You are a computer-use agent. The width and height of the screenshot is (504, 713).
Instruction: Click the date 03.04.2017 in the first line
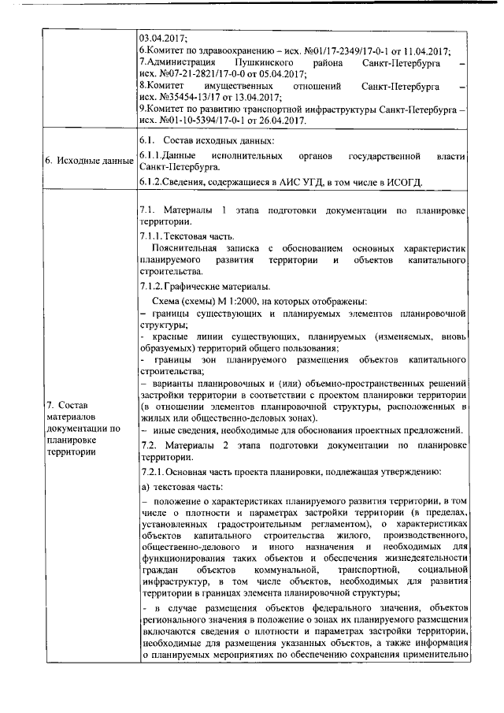pos(162,38)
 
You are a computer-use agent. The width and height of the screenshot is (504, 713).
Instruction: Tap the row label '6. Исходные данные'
pos(87,162)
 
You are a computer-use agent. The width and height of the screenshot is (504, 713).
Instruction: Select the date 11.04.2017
pos(426,50)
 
